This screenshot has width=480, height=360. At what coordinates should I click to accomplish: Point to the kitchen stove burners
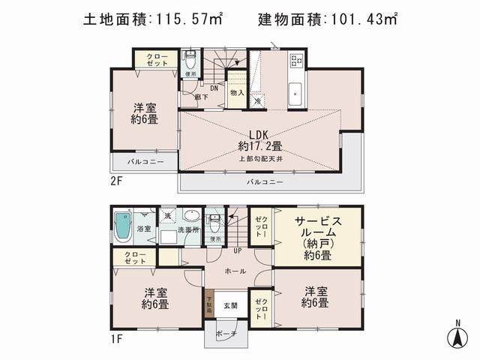(295, 61)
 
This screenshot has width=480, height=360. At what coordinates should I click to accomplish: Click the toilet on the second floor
(189, 59)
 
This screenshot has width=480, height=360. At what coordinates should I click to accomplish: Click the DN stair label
(213, 88)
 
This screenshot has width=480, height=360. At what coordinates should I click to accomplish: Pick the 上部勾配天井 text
(260, 159)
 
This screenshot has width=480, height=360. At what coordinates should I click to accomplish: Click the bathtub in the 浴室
(123, 226)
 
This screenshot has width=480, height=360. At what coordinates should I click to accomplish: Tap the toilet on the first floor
(215, 223)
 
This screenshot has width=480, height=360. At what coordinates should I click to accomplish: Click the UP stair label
(237, 250)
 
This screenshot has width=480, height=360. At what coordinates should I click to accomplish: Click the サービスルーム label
(317, 232)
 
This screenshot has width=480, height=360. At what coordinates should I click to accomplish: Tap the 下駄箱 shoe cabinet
(209, 308)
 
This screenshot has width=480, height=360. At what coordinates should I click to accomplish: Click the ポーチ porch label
(226, 333)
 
